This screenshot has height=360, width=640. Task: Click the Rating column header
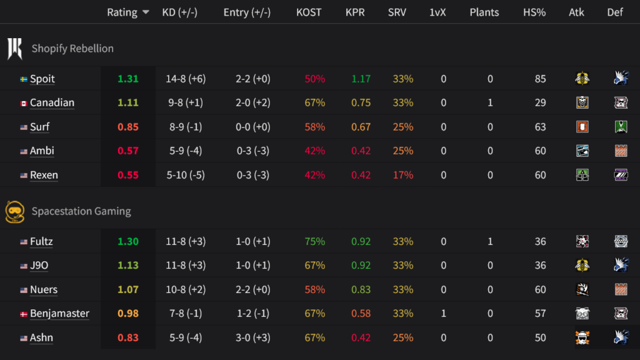click(x=122, y=12)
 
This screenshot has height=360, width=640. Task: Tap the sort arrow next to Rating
click(x=146, y=12)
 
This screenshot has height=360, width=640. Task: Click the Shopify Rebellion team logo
click(x=14, y=48)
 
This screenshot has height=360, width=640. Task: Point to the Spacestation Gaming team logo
click(x=14, y=211)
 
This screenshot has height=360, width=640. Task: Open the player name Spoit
click(x=42, y=79)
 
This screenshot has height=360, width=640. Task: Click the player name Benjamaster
click(x=59, y=314)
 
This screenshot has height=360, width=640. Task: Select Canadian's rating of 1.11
click(x=127, y=103)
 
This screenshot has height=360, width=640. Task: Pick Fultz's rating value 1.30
click(x=127, y=242)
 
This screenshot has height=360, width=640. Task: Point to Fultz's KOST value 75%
click(x=315, y=242)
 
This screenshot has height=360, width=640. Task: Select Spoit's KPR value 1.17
click(x=361, y=79)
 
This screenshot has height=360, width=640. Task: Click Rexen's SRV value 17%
click(x=403, y=175)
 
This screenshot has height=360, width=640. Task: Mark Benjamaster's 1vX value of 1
click(x=444, y=314)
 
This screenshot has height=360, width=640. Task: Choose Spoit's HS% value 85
click(x=540, y=79)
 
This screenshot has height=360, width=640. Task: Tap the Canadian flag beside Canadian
click(x=24, y=103)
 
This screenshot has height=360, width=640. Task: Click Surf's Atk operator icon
click(x=582, y=127)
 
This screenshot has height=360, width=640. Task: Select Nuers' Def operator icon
click(x=621, y=290)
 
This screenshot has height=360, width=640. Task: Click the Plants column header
click(x=484, y=12)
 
